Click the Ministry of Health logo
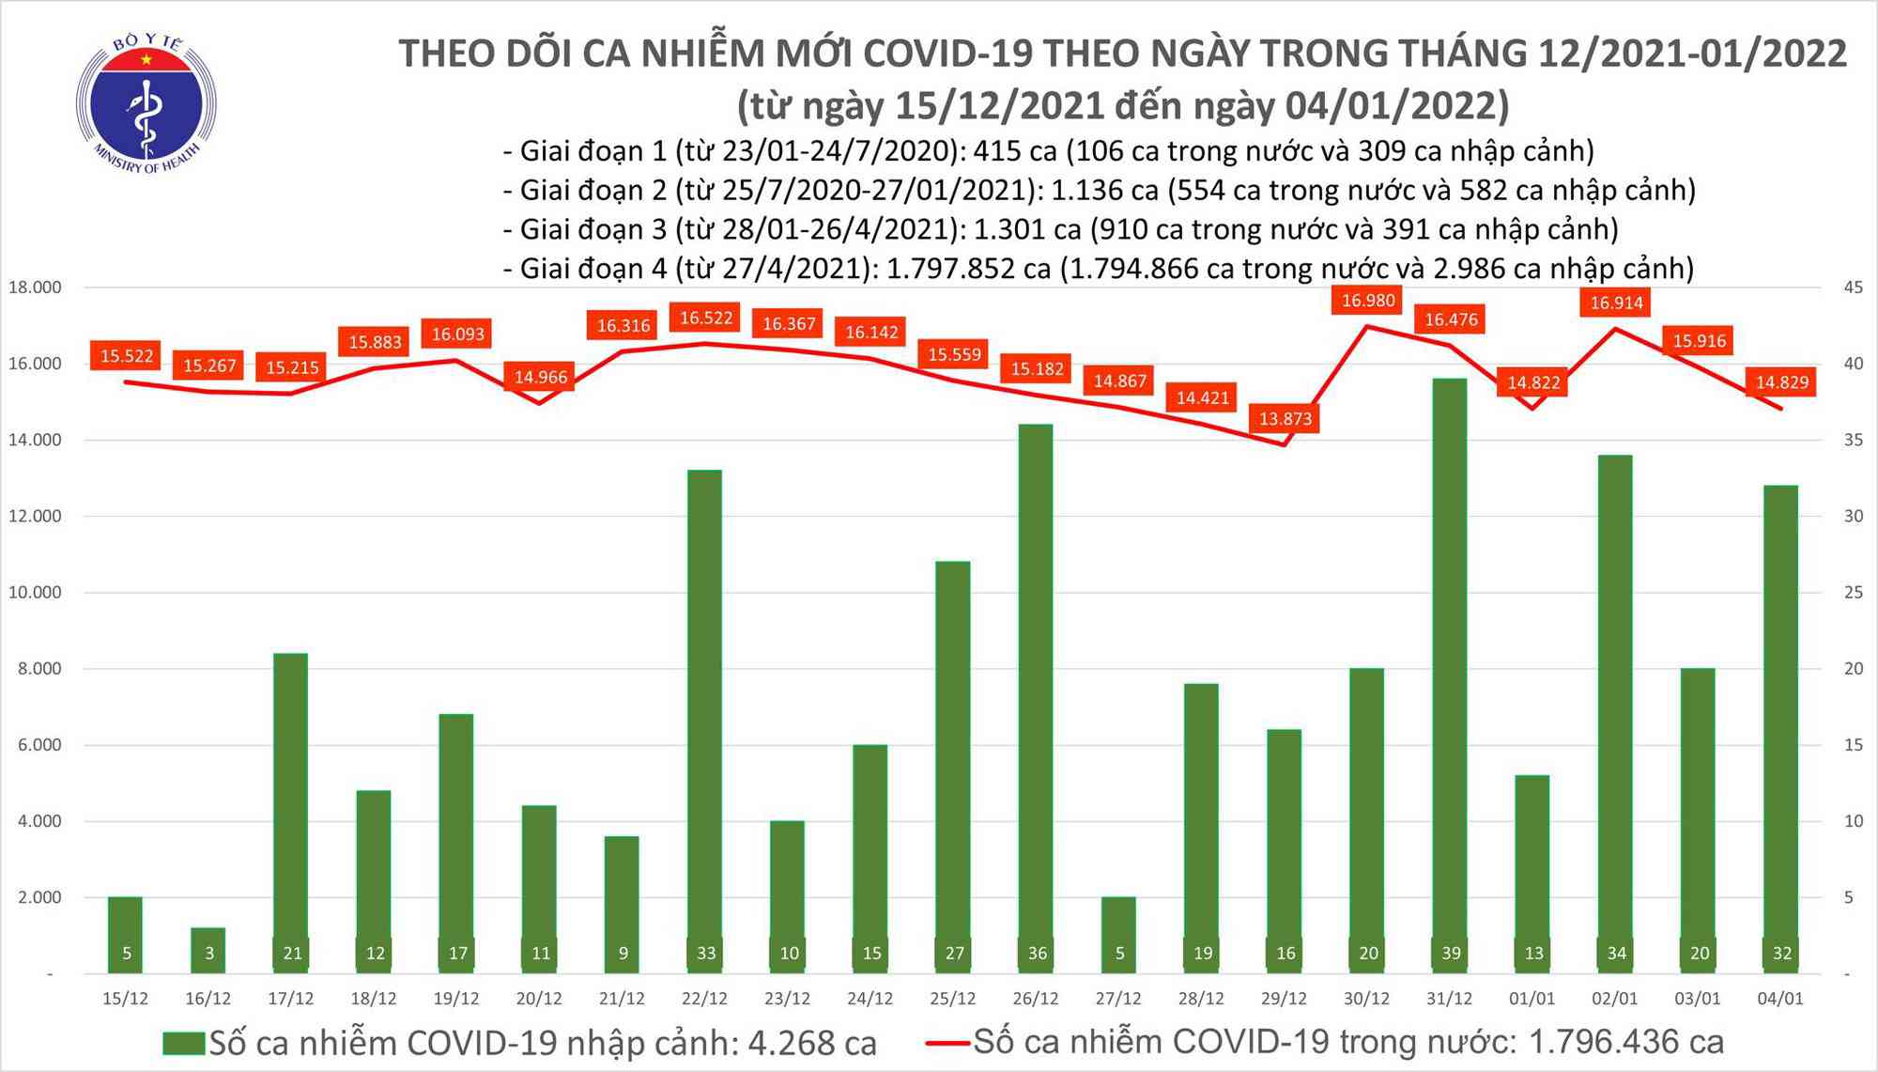(x=146, y=103)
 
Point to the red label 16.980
(x=1368, y=301)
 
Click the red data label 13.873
(x=1285, y=419)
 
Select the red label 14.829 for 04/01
(x=1782, y=382)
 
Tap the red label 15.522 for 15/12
(x=127, y=356)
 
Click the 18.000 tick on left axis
(x=35, y=287)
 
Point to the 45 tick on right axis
(x=1854, y=287)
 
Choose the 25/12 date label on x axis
(x=953, y=999)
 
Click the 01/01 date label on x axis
(x=1532, y=999)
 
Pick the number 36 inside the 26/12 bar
(x=1037, y=954)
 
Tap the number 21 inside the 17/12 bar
(x=292, y=954)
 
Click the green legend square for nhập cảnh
(x=183, y=1043)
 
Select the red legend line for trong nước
(x=947, y=1042)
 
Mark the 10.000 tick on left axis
(x=35, y=592)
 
